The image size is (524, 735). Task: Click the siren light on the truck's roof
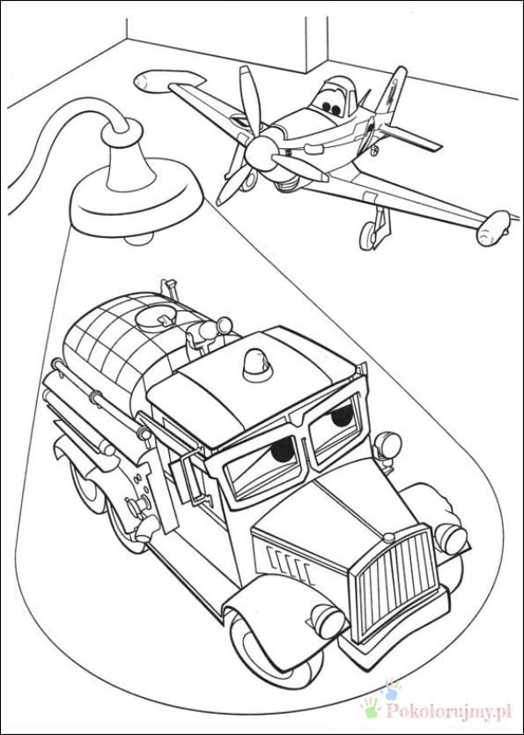pyautogui.click(x=257, y=364)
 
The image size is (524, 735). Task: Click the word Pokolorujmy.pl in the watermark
pyautogui.click(x=448, y=711)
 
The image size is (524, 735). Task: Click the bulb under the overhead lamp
pyautogui.click(x=138, y=239)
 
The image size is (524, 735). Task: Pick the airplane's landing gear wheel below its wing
pyautogui.click(x=367, y=236)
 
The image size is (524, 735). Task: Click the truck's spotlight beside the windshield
pyautogui.click(x=389, y=444)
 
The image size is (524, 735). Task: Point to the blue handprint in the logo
pyautogui.click(x=391, y=690)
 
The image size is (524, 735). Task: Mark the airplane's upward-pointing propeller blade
pyautogui.click(x=249, y=100)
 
